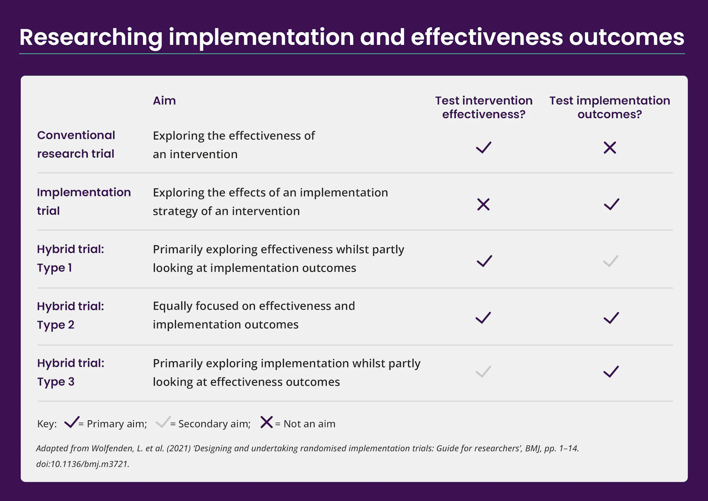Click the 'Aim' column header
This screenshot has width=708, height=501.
tap(164, 100)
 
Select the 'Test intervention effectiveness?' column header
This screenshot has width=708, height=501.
tap(484, 107)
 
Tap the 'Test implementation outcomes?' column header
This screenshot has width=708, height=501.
tap(610, 107)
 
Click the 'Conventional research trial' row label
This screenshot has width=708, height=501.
tap(76, 144)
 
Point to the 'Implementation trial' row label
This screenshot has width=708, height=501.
tap(84, 201)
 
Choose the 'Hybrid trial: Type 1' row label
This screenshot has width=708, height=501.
tap(70, 258)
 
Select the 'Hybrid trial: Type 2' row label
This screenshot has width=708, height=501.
tap(70, 315)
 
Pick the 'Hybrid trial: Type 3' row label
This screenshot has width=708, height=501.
tap(70, 372)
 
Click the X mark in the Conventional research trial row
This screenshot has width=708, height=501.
tap(610, 148)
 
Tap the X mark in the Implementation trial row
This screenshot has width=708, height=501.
tap(483, 204)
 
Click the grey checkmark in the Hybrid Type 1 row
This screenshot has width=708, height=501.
tap(610, 262)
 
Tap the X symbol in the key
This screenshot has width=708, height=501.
tap(267, 422)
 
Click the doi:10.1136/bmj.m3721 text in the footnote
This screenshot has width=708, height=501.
tap(83, 464)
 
